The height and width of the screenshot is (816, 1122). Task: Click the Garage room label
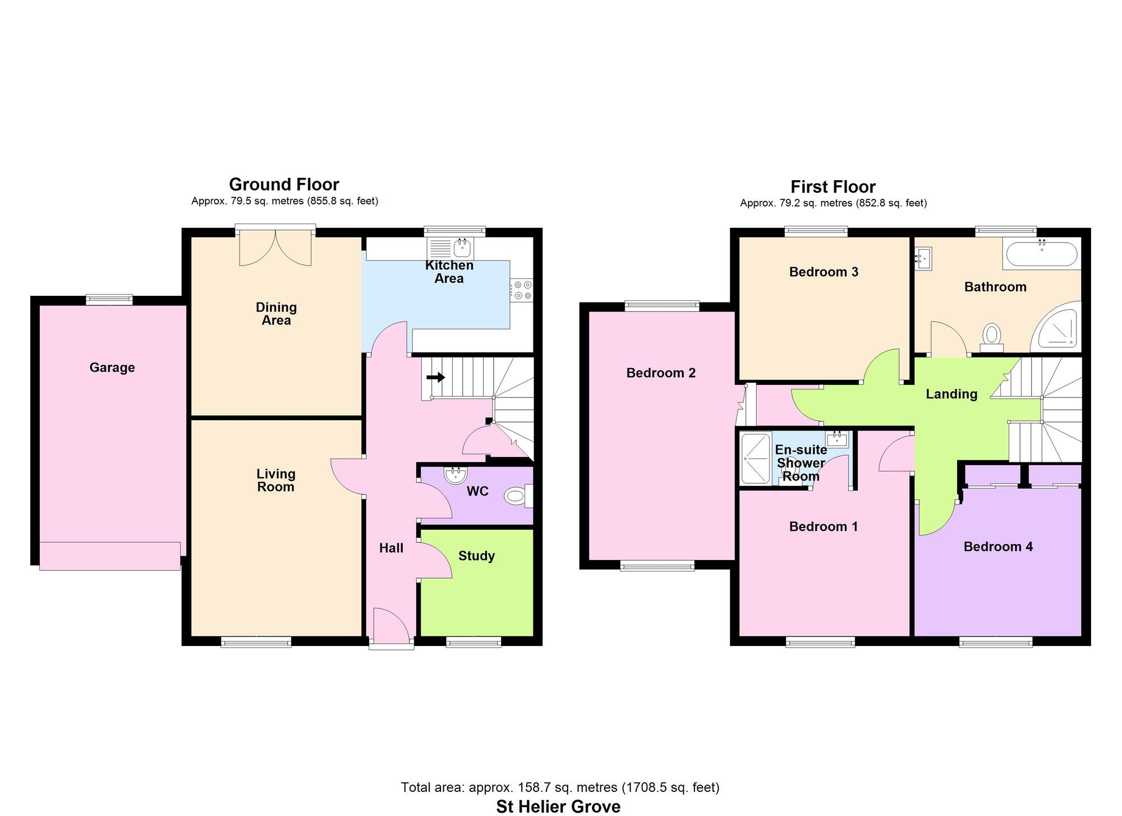[112, 368]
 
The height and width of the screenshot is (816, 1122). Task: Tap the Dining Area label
[276, 314]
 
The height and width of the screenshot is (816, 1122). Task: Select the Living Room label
[275, 480]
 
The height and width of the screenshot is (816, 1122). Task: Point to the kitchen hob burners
[522, 290]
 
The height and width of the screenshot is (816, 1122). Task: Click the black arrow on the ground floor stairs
[435, 377]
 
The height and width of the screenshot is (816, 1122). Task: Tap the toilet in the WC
[516, 496]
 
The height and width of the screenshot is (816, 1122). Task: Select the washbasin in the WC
[455, 475]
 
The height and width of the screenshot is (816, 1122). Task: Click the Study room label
[476, 556]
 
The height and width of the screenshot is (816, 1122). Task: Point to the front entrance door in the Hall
[392, 626]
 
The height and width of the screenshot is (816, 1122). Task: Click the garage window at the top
[109, 300]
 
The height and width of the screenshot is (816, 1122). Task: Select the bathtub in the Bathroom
[1042, 254]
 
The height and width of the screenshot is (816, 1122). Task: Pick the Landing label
[951, 394]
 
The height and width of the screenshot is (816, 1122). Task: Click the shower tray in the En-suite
[756, 458]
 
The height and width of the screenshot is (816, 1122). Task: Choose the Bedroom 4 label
[998, 547]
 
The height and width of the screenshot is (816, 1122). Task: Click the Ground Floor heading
[284, 184]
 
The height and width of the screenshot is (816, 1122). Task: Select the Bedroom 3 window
[816, 230]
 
